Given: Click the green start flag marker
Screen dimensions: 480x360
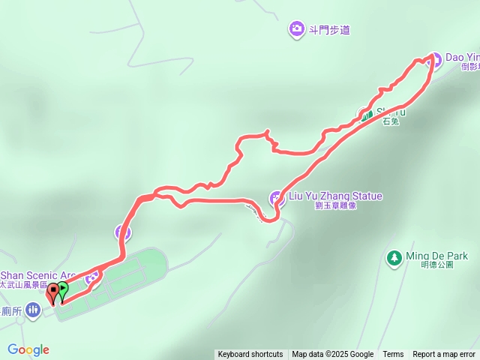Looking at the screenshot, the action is tap(62, 289).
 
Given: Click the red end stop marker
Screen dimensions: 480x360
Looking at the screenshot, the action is tap(53, 292).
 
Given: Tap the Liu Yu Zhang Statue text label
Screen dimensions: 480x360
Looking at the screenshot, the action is tap(335, 196).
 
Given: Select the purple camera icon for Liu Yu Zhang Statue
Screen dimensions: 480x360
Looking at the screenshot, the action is tap(276, 198).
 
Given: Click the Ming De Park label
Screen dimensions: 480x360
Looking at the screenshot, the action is tap(436, 256).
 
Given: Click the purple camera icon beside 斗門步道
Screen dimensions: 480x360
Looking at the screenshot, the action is tap(296, 30).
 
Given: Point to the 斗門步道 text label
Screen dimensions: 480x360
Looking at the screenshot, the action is tap(329, 31).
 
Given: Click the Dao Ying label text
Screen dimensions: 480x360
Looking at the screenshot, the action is tap(462, 56).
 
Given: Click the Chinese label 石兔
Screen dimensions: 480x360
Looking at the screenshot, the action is tap(390, 121).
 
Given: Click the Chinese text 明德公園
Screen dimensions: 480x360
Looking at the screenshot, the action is tap(439, 265).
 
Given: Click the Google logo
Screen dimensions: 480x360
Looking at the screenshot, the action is tap(28, 349).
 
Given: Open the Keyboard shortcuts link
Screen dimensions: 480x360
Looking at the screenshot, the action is tap(250, 355).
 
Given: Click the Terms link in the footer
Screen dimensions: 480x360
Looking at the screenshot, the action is tap(393, 355).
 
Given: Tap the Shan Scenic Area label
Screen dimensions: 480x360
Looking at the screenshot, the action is tap(38, 275).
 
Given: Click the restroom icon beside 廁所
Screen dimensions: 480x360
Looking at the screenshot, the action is tap(33, 309).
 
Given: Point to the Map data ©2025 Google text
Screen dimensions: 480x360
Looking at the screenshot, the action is tap(332, 355).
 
